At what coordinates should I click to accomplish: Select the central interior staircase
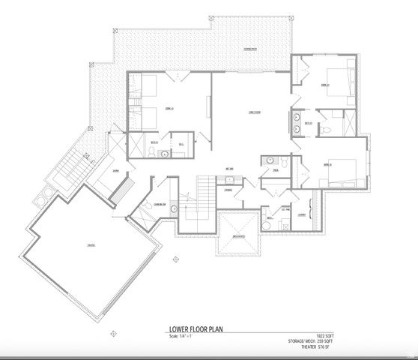tap(204, 191)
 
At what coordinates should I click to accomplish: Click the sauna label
tap(117, 171)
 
